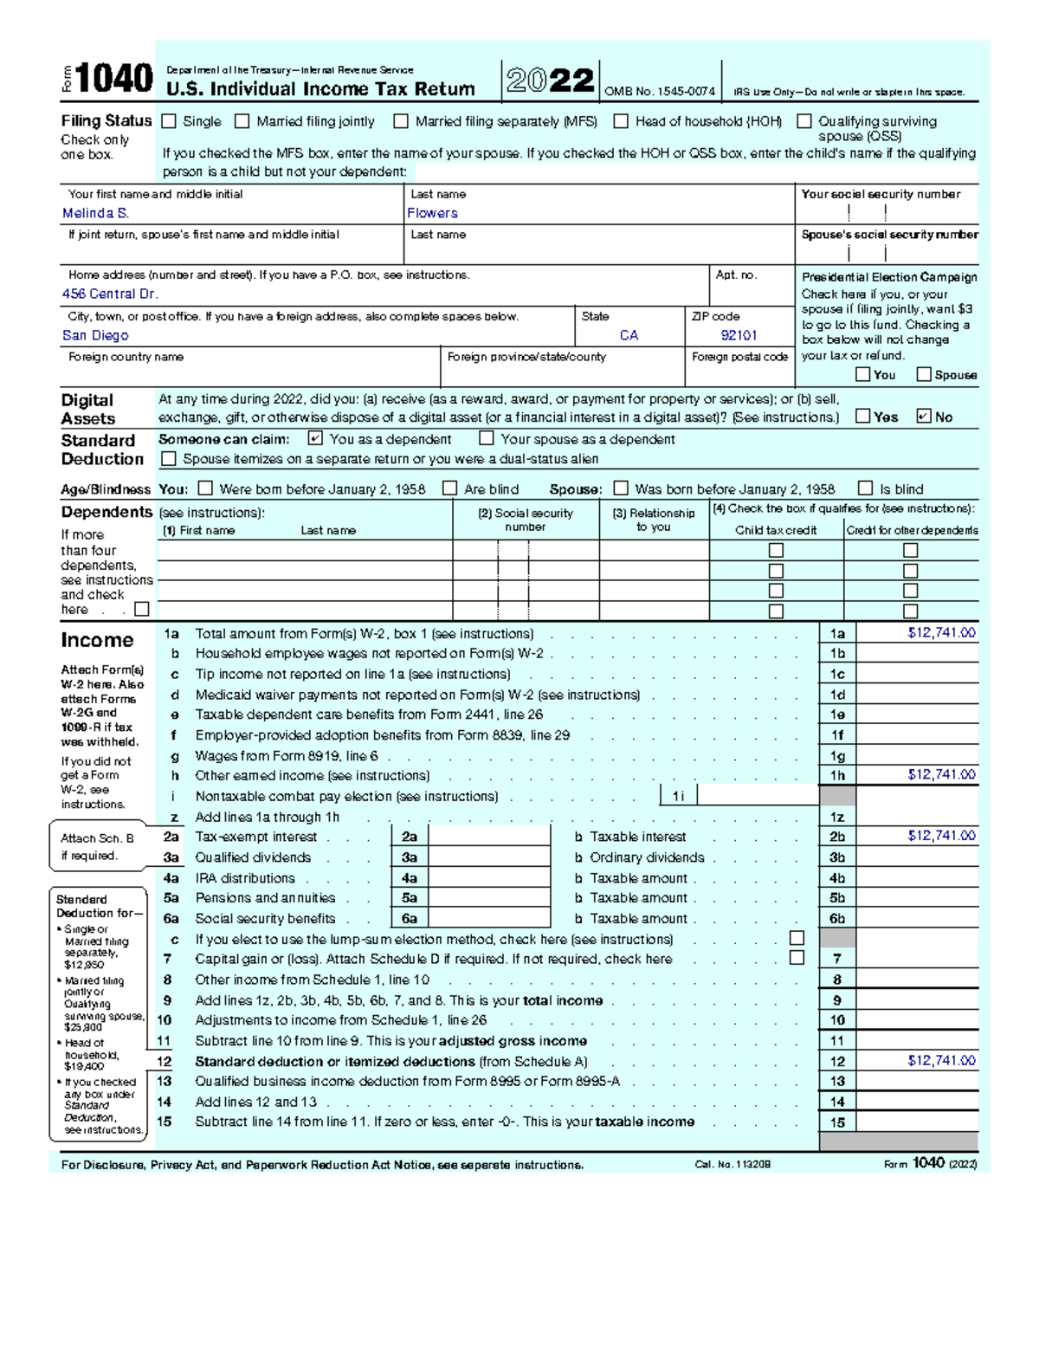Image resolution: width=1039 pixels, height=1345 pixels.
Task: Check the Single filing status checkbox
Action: (169, 121)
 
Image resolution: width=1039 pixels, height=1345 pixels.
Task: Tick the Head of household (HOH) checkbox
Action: (621, 121)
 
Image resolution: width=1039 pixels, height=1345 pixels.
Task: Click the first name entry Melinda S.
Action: (95, 213)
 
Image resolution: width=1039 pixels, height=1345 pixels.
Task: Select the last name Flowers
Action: (432, 213)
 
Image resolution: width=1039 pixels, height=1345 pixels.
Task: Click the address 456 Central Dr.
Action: (110, 294)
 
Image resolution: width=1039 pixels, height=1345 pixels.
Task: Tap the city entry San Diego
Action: (95, 335)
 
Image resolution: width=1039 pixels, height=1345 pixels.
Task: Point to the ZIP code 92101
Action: (739, 335)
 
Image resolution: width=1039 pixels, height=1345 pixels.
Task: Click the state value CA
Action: (629, 335)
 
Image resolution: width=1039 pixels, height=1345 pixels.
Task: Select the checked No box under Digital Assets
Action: (923, 417)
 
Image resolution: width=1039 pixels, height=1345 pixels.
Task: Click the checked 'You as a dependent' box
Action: (315, 439)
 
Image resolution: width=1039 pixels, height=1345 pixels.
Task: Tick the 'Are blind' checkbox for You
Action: (449, 488)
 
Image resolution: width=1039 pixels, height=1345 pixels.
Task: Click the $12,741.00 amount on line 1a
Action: (941, 633)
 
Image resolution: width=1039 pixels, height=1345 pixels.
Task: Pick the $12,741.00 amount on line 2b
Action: (941, 836)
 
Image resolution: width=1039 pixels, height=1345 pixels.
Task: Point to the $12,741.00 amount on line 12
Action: (941, 1061)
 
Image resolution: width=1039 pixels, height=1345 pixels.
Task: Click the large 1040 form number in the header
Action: (114, 80)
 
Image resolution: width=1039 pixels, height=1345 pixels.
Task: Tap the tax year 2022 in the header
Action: (551, 81)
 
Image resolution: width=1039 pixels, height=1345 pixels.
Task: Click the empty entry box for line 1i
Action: (758, 796)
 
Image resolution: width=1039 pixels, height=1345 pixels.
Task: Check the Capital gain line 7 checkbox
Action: (797, 958)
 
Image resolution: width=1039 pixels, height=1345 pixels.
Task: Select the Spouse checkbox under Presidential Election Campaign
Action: (924, 374)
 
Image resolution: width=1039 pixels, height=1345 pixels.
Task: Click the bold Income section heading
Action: (97, 641)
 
